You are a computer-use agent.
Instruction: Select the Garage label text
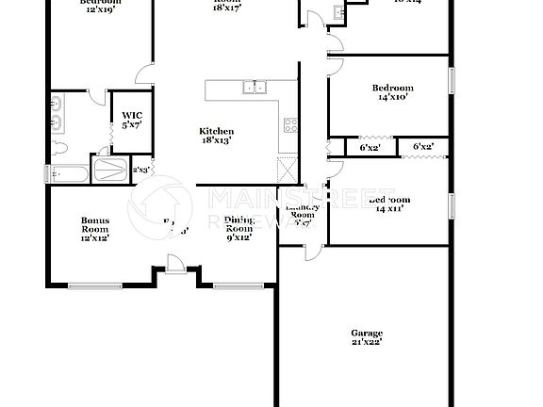click(x=367, y=337)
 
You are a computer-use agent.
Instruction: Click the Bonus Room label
click(x=94, y=230)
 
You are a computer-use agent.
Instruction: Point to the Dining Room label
click(x=239, y=230)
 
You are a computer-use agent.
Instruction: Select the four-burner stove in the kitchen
click(x=289, y=124)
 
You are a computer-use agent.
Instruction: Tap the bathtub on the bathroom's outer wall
click(x=70, y=173)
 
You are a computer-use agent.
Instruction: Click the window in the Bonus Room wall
click(x=94, y=285)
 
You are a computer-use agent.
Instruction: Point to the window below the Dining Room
click(x=230, y=285)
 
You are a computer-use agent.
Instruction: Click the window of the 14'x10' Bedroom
click(x=452, y=80)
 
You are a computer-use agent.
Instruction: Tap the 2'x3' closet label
click(x=140, y=171)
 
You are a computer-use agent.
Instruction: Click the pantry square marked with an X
click(x=288, y=171)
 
